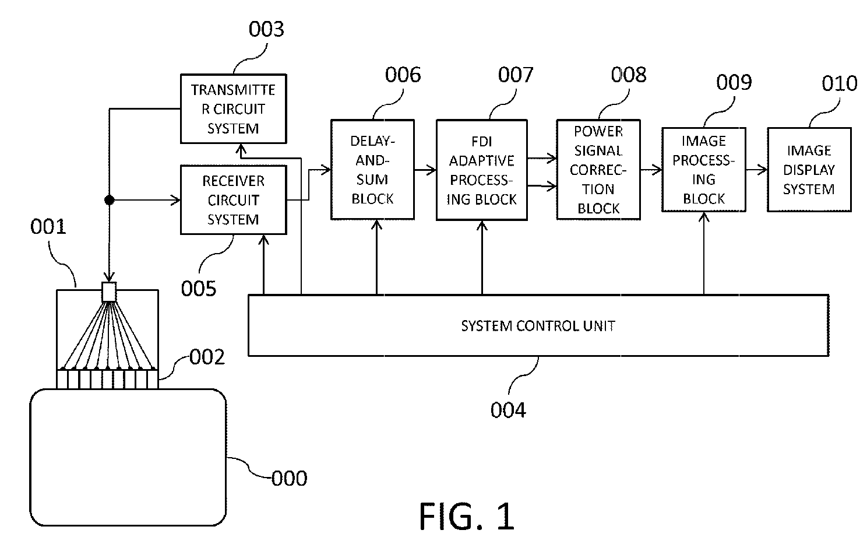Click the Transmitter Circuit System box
click(234, 109)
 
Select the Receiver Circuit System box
click(234, 200)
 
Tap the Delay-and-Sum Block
click(372, 170)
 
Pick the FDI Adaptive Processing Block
click(481, 170)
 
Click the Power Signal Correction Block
click(598, 170)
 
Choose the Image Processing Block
click(704, 170)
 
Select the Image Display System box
click(809, 170)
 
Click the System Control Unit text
click(538, 326)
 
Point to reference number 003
click(266, 29)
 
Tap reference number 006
click(403, 75)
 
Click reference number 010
click(840, 83)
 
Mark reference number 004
click(508, 410)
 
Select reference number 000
click(289, 478)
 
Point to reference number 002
click(207, 357)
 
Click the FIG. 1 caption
click(467, 516)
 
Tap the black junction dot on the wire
click(110, 200)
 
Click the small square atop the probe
click(109, 292)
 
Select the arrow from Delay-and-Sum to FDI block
click(425, 170)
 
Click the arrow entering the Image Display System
click(757, 170)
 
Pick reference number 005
click(199, 289)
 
